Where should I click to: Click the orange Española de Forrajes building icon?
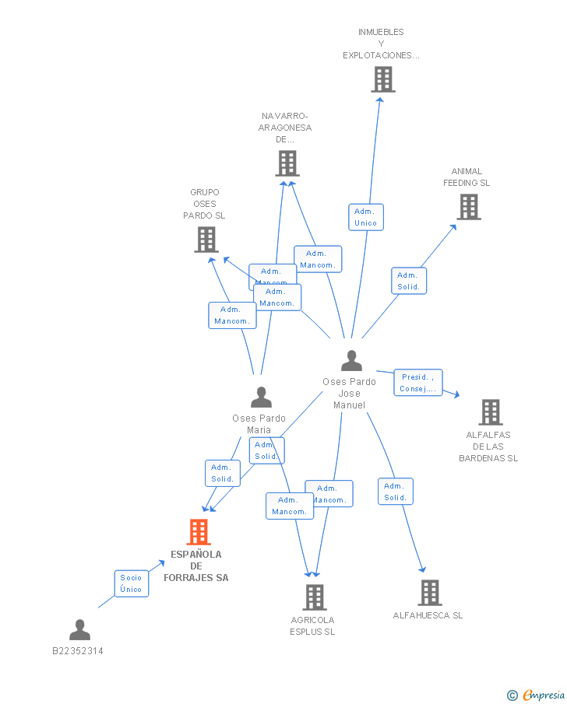pyautogui.click(x=199, y=532)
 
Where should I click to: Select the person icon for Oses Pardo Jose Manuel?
pyautogui.click(x=351, y=361)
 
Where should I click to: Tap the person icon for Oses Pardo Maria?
pyautogui.click(x=261, y=398)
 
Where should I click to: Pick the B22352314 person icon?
pyautogui.click(x=79, y=629)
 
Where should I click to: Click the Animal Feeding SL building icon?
pyautogui.click(x=468, y=207)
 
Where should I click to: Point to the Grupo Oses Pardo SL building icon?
pyautogui.click(x=206, y=240)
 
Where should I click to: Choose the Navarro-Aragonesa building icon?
pyautogui.click(x=287, y=163)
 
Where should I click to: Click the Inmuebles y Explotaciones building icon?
pyautogui.click(x=382, y=79)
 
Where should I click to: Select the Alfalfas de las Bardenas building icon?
pyautogui.click(x=490, y=412)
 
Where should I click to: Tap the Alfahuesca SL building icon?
pyautogui.click(x=429, y=593)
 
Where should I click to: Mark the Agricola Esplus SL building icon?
pyautogui.click(x=314, y=597)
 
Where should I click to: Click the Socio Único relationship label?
pyautogui.click(x=131, y=583)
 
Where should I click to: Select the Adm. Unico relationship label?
pyautogui.click(x=365, y=217)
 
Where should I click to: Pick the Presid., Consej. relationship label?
pyautogui.click(x=417, y=383)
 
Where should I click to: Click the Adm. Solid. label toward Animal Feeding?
pyautogui.click(x=409, y=281)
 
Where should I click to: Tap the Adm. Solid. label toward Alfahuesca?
pyautogui.click(x=396, y=492)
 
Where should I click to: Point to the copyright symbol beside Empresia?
pyautogui.click(x=512, y=695)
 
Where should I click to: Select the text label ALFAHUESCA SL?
pyautogui.click(x=428, y=615)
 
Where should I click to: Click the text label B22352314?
pyautogui.click(x=78, y=651)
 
